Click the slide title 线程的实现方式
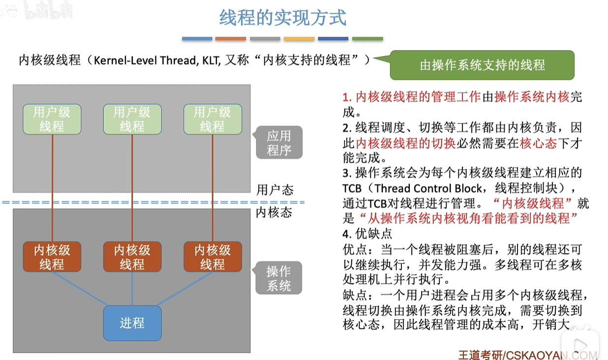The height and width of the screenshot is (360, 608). (x=282, y=18)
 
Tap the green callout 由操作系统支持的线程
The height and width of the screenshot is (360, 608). (x=482, y=65)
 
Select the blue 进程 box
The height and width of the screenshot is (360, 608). (x=132, y=323)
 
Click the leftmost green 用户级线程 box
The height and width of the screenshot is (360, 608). (x=52, y=120)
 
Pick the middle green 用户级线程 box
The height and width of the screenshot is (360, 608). (x=132, y=120)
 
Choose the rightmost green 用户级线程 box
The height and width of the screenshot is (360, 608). (x=213, y=120)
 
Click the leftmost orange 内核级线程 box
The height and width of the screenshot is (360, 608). (x=52, y=257)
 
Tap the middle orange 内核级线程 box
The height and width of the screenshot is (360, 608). (x=132, y=257)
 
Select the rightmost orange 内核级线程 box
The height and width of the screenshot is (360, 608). (x=213, y=257)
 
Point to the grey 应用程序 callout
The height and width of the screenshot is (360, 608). (x=279, y=143)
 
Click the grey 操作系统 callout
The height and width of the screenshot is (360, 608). (x=278, y=278)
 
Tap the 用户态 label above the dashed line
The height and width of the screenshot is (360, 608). (x=275, y=190)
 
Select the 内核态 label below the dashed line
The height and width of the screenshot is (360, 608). (x=274, y=212)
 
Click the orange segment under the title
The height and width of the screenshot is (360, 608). (x=231, y=39)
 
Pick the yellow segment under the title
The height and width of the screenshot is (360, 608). (x=299, y=39)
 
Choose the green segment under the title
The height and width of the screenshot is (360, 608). (x=367, y=39)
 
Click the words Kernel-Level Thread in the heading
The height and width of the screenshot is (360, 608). (x=145, y=60)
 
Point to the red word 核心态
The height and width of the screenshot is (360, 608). (x=539, y=143)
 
